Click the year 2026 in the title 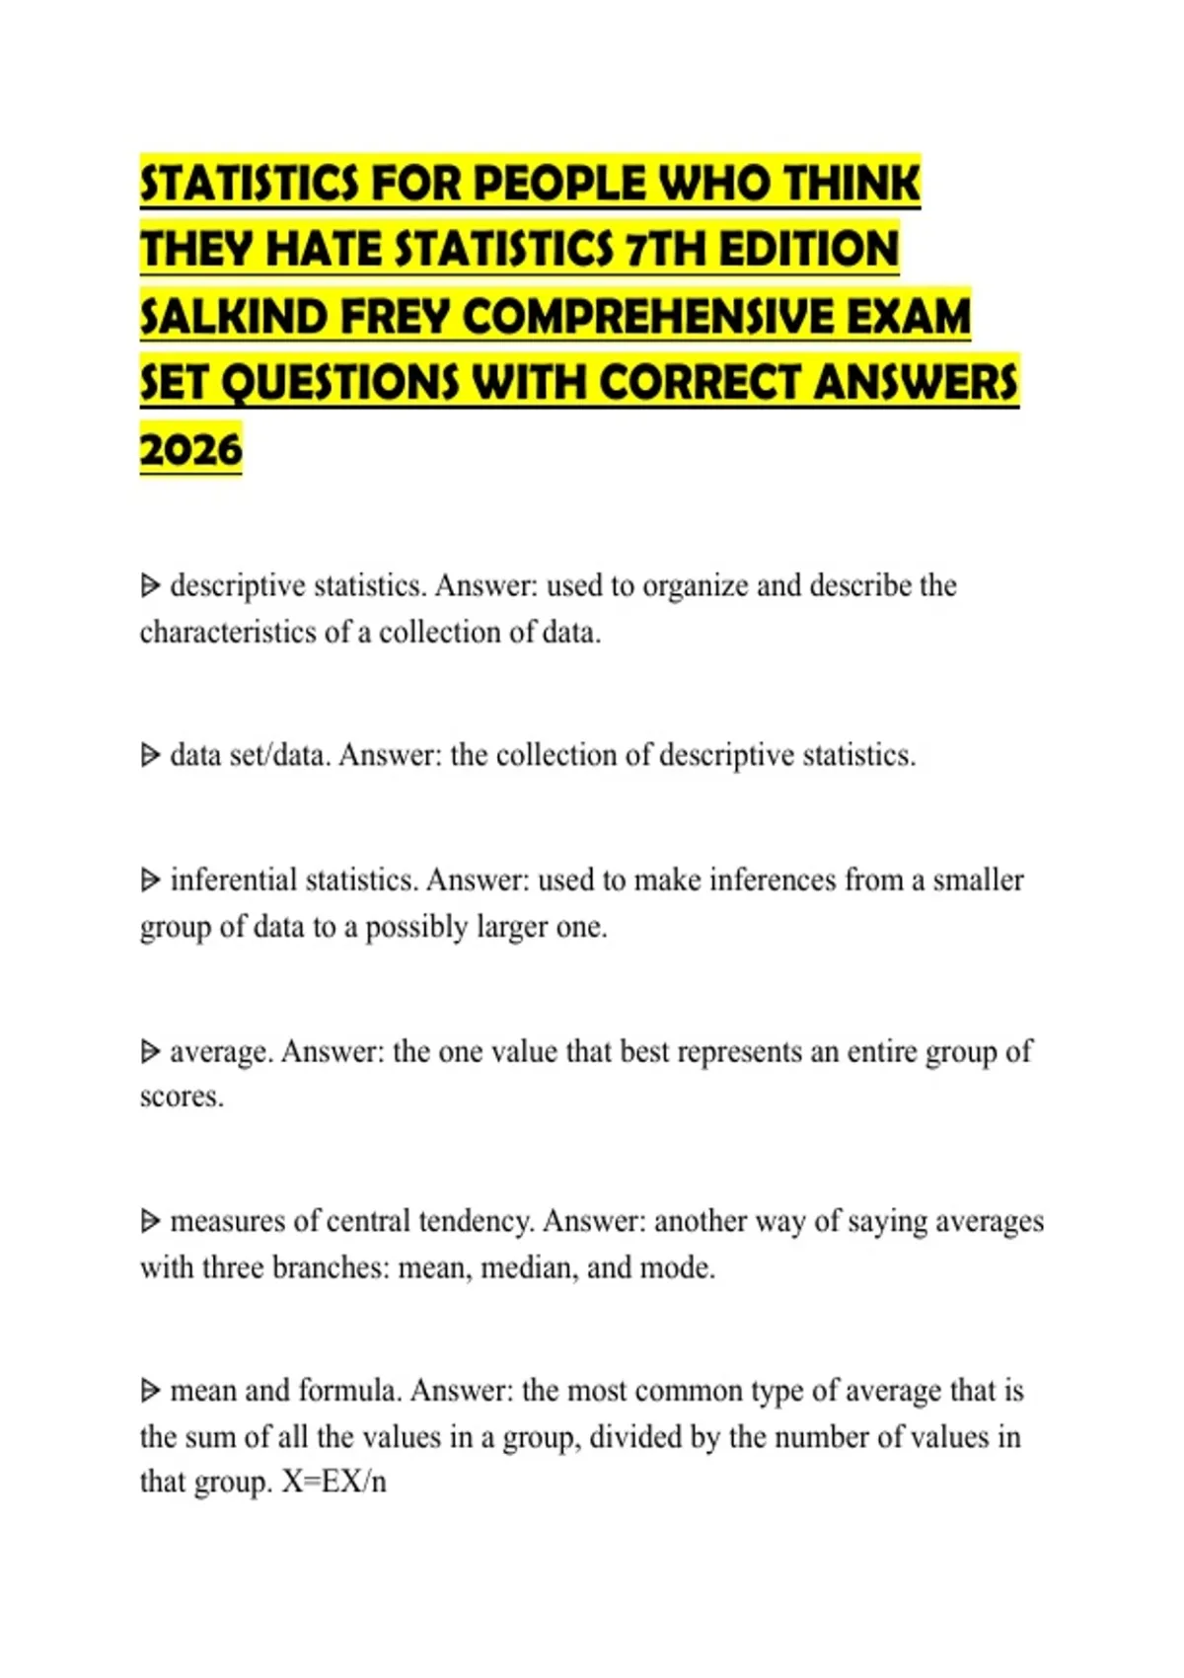point(190,449)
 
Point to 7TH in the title point(666,249)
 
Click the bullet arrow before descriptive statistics point(150,586)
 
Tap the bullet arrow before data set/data point(150,756)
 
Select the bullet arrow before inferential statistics point(150,879)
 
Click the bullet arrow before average point(150,1051)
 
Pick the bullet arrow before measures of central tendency point(150,1222)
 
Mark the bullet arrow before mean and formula point(150,1392)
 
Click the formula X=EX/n point(333,1483)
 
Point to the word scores point(181,1097)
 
